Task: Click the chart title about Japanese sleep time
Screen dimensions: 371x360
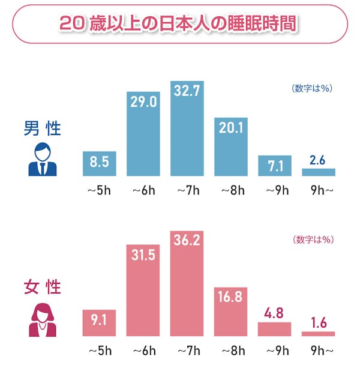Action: pyautogui.click(x=179, y=24)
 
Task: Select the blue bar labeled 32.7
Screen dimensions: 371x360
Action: pyautogui.click(x=187, y=128)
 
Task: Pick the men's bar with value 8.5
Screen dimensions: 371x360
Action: pyautogui.click(x=100, y=163)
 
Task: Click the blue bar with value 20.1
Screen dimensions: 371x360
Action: pyautogui.click(x=231, y=146)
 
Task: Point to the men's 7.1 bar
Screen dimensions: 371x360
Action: pyautogui.click(x=275, y=166)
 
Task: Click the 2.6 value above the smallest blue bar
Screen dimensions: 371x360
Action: pyautogui.click(x=318, y=161)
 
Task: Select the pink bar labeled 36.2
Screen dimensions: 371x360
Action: pyautogui.click(x=187, y=282)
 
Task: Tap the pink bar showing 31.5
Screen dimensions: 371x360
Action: pyautogui.click(x=143, y=289)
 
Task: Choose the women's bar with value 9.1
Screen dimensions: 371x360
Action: pyautogui.click(x=100, y=322)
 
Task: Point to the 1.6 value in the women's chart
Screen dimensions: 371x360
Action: pyautogui.click(x=318, y=324)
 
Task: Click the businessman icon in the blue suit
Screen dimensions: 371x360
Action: pyautogui.click(x=42, y=160)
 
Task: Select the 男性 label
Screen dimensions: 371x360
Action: pyautogui.click(x=43, y=128)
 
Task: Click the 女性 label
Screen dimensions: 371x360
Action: pyautogui.click(x=43, y=287)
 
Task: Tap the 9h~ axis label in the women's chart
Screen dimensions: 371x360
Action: pyautogui.click(x=319, y=350)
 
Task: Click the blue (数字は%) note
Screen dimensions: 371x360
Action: pyautogui.click(x=312, y=88)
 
